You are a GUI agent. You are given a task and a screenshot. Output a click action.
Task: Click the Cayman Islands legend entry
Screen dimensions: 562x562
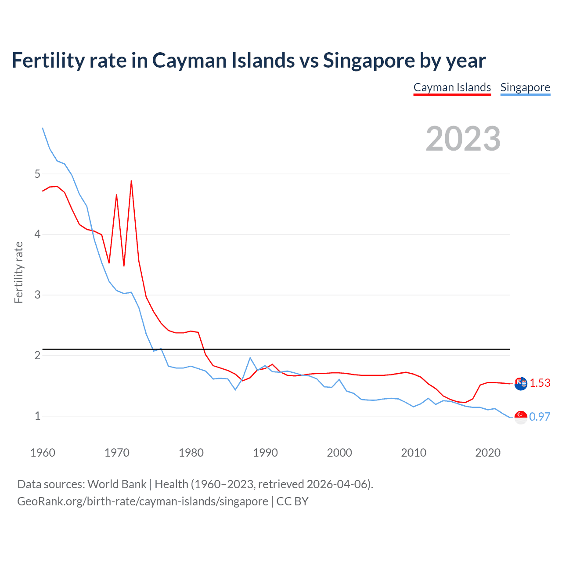(452, 87)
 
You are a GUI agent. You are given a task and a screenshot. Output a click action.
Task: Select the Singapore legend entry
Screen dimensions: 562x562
(525, 87)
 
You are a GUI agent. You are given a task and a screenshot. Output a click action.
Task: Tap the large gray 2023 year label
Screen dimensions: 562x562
(463, 139)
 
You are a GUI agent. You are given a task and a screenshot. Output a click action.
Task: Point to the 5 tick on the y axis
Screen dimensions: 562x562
(37, 174)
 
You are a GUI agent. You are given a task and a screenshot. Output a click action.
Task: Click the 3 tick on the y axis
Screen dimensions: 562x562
(37, 295)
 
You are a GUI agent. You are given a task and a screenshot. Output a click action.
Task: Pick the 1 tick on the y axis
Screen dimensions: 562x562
(37, 416)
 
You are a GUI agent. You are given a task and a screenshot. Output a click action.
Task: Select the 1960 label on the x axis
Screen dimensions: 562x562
(43, 453)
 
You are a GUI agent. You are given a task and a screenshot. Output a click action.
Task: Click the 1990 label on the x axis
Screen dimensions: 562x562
(265, 453)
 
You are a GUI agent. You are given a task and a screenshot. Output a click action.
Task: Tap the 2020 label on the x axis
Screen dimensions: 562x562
(488, 453)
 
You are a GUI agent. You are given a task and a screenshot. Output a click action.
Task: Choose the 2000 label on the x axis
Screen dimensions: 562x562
(339, 453)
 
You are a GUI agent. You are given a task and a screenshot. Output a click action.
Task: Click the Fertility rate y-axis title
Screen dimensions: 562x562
(18, 272)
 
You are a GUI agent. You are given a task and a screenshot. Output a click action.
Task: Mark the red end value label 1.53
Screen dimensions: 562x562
(540, 383)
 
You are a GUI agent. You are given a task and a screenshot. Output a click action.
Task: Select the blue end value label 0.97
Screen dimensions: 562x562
(540, 417)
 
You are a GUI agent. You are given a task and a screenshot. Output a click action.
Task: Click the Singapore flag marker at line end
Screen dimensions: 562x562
(521, 417)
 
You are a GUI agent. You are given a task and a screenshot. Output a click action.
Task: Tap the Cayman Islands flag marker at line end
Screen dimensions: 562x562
(521, 383)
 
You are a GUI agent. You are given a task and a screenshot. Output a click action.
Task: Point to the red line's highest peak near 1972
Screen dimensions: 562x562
(131, 181)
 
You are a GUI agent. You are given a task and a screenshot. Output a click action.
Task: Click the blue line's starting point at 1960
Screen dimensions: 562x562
(43, 128)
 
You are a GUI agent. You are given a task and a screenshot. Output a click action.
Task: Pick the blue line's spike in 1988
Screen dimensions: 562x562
(250, 358)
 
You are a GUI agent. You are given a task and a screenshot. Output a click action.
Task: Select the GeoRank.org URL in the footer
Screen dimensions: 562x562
(143, 501)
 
